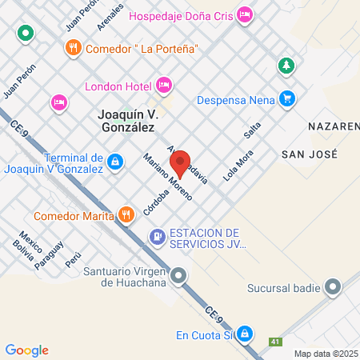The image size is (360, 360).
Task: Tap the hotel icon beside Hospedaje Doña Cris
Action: click(x=246, y=14)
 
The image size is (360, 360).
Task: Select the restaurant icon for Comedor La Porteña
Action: click(x=73, y=47)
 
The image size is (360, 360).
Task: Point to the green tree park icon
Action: click(x=286, y=64)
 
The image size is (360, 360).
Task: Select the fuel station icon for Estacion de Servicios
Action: click(x=157, y=236)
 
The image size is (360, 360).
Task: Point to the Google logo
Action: click(x=27, y=350)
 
